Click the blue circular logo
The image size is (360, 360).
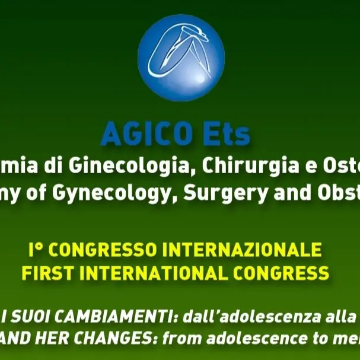(181, 58)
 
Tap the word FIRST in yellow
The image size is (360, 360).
(47, 273)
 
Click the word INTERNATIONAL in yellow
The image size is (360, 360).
(156, 273)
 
